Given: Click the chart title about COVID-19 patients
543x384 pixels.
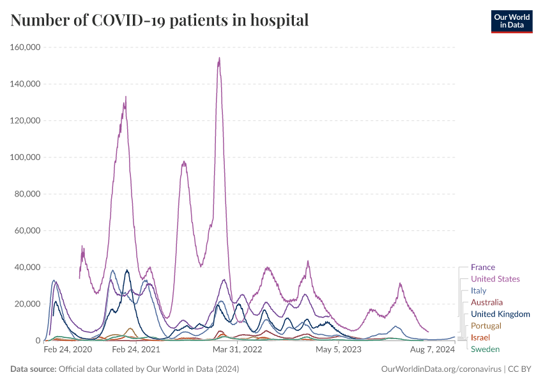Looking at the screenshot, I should [x=160, y=20].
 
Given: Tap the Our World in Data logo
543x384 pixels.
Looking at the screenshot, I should [x=511, y=21].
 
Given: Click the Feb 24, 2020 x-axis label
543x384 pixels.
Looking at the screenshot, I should [x=68, y=350].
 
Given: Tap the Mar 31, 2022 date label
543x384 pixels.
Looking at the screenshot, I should [x=238, y=350].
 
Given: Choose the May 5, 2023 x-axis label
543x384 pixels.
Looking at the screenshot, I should [x=339, y=350].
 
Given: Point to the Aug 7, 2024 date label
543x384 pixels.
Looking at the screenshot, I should [x=432, y=350].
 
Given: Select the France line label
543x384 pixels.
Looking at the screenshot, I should [x=482, y=268].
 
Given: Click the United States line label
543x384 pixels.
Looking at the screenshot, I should [x=495, y=279].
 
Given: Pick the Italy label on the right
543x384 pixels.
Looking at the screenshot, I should [x=478, y=291].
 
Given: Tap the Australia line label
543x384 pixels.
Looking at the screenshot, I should [x=487, y=302].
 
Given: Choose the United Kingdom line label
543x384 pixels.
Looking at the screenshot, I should [x=500, y=314].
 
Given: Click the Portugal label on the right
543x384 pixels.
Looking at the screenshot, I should [x=486, y=326].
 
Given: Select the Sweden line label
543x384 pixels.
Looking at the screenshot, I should [x=485, y=349].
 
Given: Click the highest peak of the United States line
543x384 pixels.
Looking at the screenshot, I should [x=219, y=58].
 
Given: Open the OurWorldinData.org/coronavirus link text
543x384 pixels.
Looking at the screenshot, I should [x=441, y=369].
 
